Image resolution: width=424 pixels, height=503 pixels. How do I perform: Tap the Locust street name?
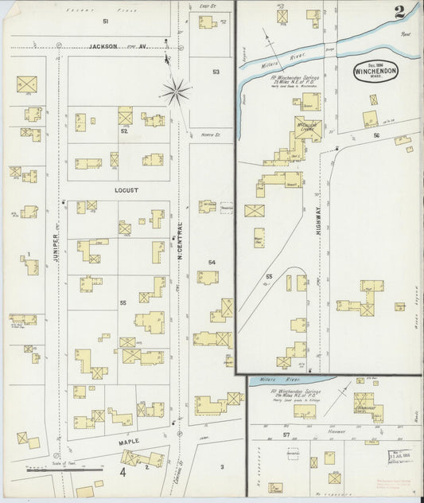pyautogui.click(x=126, y=191)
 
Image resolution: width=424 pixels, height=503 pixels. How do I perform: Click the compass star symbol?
pyautogui.click(x=177, y=91)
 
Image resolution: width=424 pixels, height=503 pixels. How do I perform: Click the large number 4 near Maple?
pyautogui.click(x=123, y=472)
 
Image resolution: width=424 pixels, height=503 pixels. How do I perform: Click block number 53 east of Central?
pyautogui.click(x=216, y=72)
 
